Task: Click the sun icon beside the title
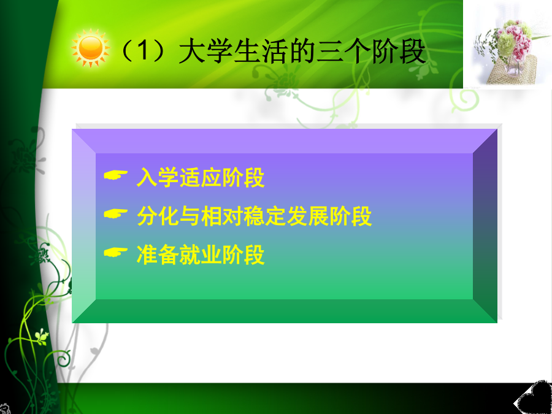click(91, 48)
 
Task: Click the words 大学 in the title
click(206, 52)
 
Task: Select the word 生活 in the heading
click(261, 52)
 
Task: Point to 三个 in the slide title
click(343, 52)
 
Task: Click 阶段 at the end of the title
click(399, 52)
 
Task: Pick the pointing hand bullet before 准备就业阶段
click(115, 251)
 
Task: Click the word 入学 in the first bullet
click(158, 177)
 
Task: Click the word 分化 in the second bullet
click(158, 216)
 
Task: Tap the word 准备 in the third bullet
click(158, 255)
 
